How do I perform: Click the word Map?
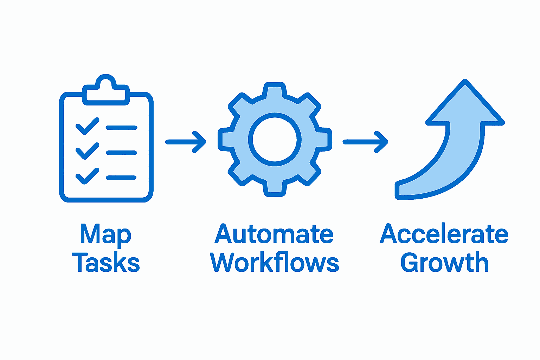[105, 234]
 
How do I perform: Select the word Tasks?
[106, 263]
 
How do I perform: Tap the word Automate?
[274, 234]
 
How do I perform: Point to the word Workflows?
[275, 263]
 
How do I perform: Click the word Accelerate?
[444, 234]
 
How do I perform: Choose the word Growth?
[444, 263]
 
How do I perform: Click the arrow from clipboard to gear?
[186, 142]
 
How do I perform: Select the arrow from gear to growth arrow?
[365, 142]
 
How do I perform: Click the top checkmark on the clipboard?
[87, 126]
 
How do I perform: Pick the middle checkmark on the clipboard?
[87, 151]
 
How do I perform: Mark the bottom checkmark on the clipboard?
[87, 176]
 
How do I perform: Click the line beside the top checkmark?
[121, 128]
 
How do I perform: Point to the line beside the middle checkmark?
[121, 153]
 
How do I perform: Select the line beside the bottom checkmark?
[121, 178]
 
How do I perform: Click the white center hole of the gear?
[275, 139]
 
